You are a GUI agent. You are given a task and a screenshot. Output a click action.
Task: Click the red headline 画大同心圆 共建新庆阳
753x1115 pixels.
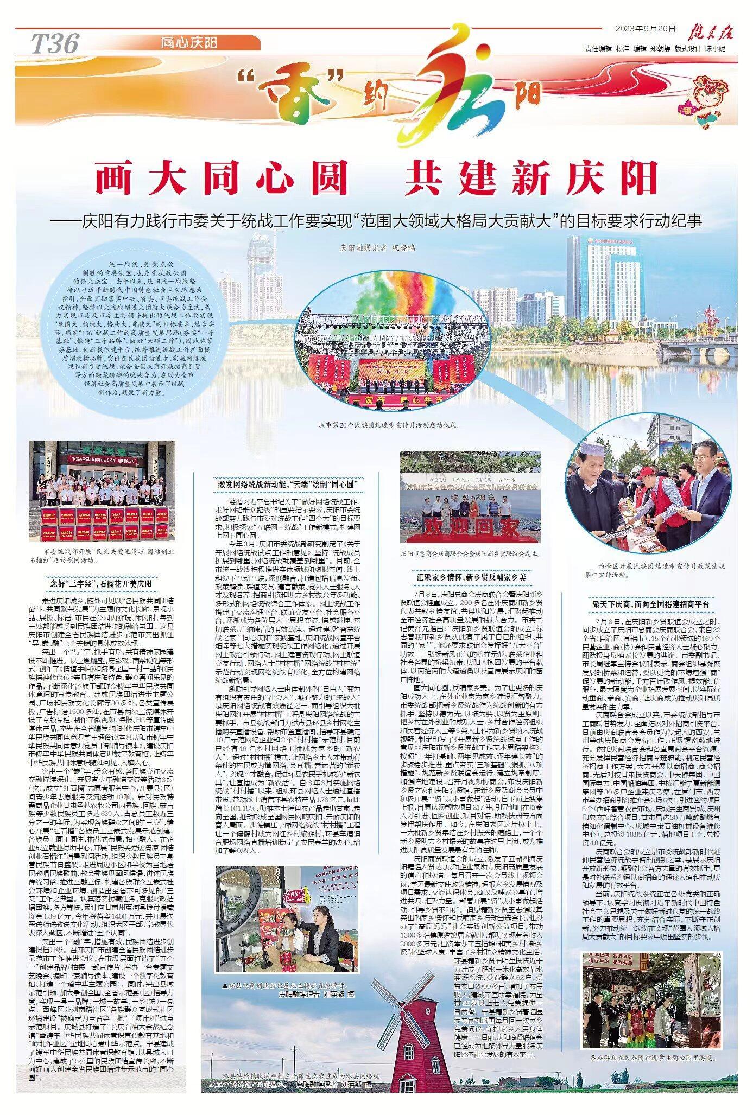376,179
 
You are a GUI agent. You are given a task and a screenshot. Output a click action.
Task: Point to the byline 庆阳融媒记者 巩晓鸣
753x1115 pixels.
377,248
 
